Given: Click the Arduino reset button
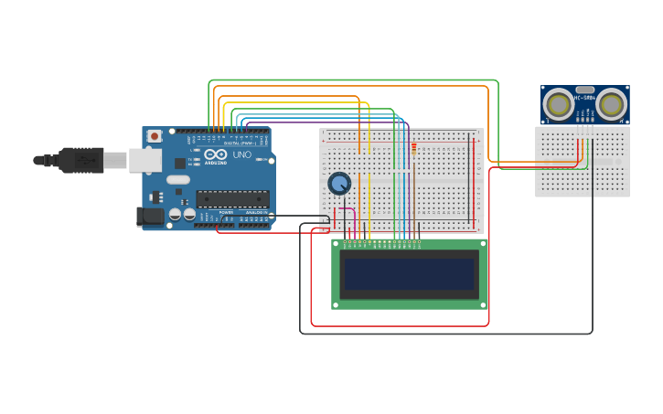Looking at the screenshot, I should [155, 136].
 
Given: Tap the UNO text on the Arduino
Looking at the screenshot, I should [242, 155].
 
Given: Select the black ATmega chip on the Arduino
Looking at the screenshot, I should [232, 198].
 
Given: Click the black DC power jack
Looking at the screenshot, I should [150, 217].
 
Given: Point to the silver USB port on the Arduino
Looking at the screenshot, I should [144, 161].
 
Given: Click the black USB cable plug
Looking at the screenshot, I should [82, 160].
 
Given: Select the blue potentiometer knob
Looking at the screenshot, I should [339, 184].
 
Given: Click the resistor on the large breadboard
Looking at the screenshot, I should [413, 150].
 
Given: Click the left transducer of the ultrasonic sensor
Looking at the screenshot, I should [558, 104].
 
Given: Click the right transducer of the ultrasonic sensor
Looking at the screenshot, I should [611, 104].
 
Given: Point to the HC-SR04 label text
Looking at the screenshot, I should [584, 98].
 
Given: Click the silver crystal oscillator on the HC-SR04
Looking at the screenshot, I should [584, 90].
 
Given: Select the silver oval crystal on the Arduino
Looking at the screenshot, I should [177, 180].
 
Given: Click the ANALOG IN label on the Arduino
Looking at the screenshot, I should [255, 212].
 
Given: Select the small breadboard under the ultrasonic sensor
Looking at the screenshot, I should [583, 174].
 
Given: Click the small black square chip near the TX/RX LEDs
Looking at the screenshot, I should [180, 163].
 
